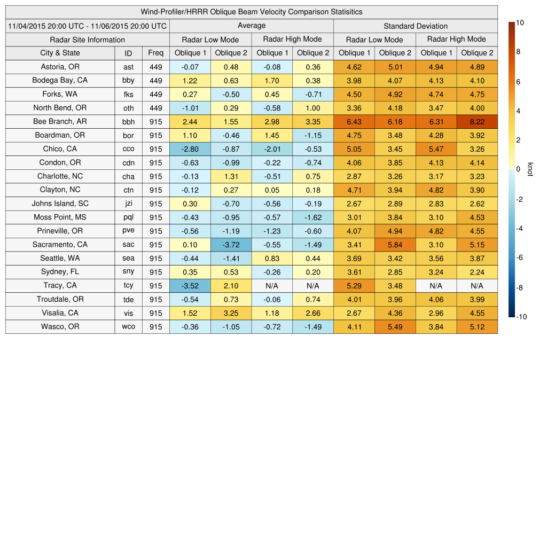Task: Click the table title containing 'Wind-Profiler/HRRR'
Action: [x=252, y=12]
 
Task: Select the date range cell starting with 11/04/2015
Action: [x=88, y=26]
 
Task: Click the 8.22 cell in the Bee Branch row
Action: [x=477, y=122]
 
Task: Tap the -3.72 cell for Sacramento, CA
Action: [x=231, y=245]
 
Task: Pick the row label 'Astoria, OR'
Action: [x=60, y=67]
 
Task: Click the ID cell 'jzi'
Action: [x=128, y=204]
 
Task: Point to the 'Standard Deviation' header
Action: [x=416, y=26]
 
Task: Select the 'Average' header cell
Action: [x=252, y=26]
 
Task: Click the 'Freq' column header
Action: [x=156, y=53]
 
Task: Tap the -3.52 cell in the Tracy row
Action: [x=190, y=286]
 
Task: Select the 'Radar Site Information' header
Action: [x=88, y=40]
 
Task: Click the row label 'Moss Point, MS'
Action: [x=60, y=217]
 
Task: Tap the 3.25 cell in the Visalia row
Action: [x=231, y=313]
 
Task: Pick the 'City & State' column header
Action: [x=60, y=53]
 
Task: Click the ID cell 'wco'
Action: [x=128, y=327]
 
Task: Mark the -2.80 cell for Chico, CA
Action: [x=190, y=149]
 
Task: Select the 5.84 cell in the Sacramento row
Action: [x=395, y=245]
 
